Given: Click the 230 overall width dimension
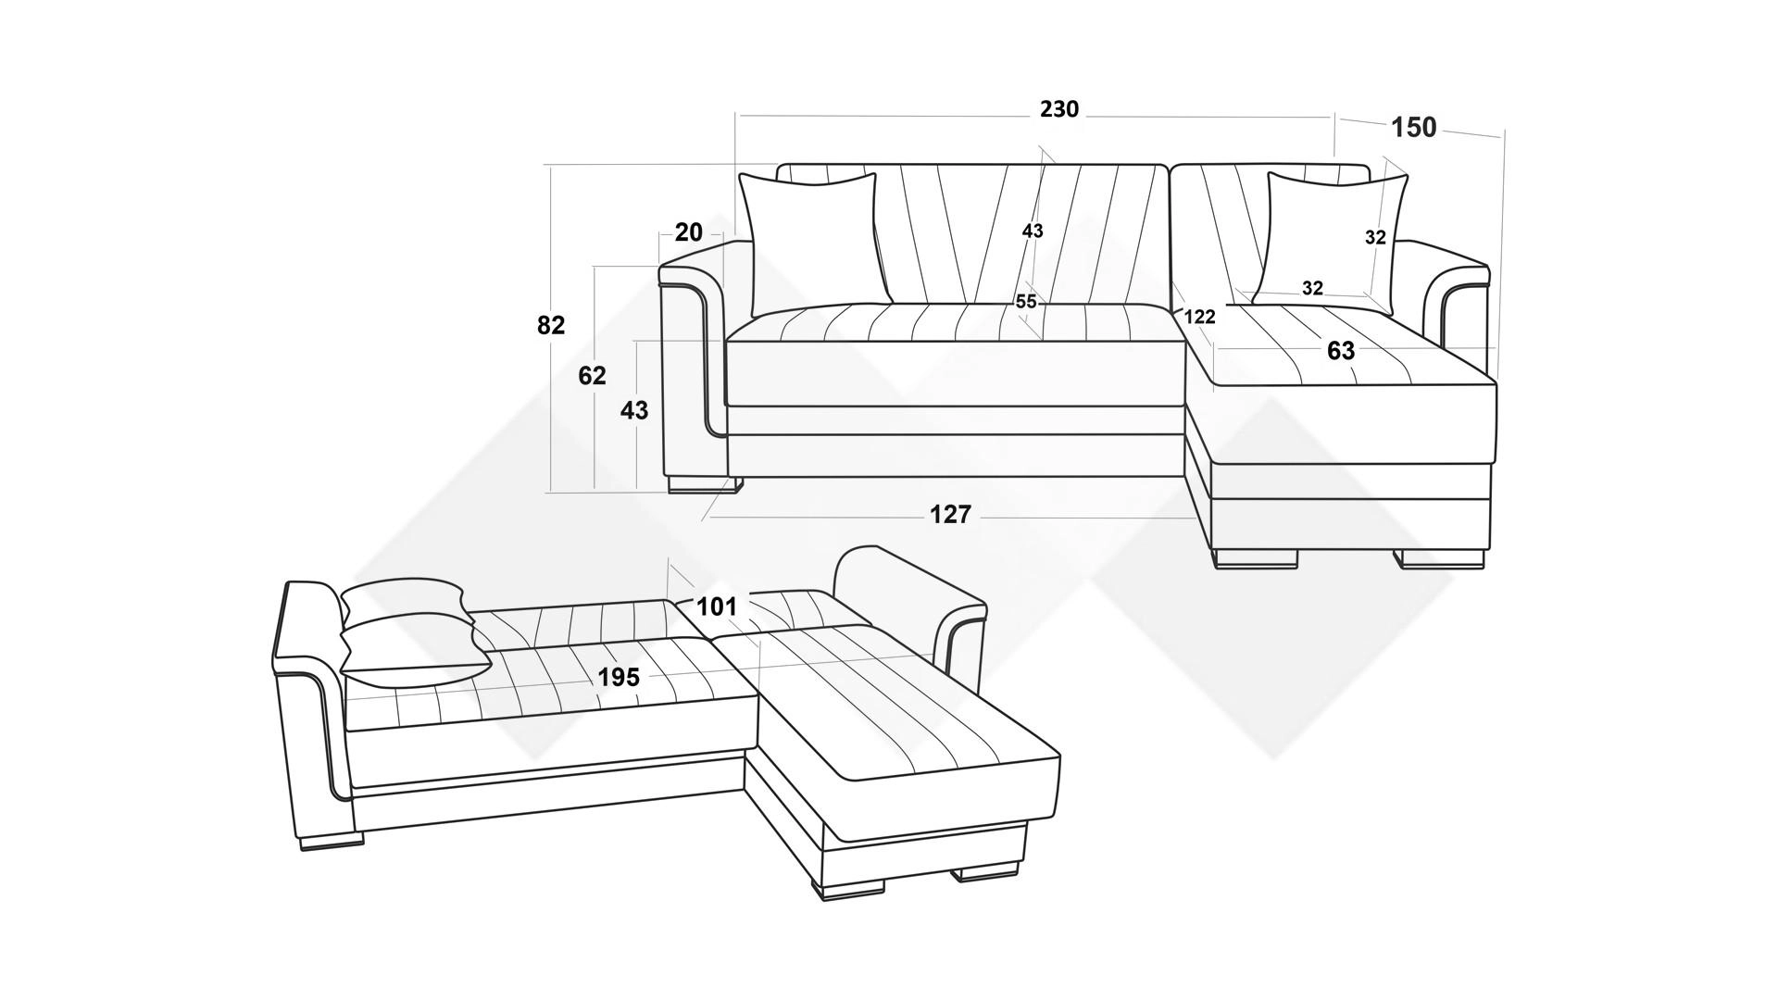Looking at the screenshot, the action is [x=1059, y=109].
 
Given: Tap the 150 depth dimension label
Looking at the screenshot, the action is [x=1414, y=128].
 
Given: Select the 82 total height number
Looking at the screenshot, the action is [x=551, y=325].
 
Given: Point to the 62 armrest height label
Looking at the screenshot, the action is [x=592, y=376].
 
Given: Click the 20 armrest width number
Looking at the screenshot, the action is [x=689, y=231].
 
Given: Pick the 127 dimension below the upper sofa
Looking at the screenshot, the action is [x=950, y=514].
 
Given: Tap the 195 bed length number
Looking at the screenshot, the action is [x=619, y=678].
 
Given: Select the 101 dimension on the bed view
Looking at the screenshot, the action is [x=717, y=606].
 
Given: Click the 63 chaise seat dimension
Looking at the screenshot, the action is [x=1341, y=351].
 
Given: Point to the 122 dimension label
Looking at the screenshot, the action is [x=1199, y=317].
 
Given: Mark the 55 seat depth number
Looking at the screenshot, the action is [x=1026, y=302].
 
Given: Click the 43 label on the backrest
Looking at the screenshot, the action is [x=1033, y=231].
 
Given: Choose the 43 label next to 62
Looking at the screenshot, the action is [x=634, y=409].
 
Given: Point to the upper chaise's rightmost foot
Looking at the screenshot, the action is [x=1442, y=559].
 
